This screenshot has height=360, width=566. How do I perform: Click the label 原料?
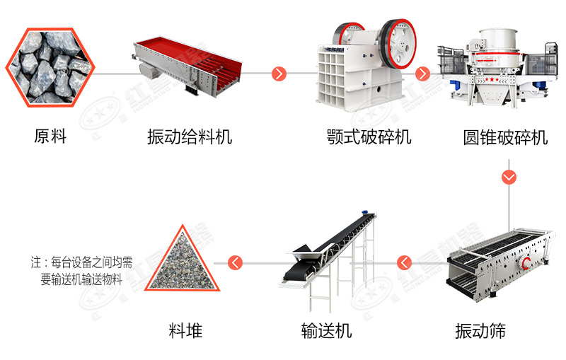click(x=50, y=137)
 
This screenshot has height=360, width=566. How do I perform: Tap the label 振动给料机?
click(x=189, y=137)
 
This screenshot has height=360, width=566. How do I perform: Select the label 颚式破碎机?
click(x=369, y=137)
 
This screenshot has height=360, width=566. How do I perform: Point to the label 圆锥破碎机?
click(x=505, y=137)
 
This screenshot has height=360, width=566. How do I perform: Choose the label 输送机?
click(x=326, y=330)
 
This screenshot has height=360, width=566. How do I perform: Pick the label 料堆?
click(x=185, y=330)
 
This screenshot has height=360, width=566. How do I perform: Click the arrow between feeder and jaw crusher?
click(x=279, y=74)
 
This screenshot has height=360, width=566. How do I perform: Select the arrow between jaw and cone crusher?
click(x=423, y=74)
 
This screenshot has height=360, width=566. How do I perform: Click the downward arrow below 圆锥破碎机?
click(x=509, y=177)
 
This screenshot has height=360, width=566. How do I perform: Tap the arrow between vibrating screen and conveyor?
click(x=405, y=263)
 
